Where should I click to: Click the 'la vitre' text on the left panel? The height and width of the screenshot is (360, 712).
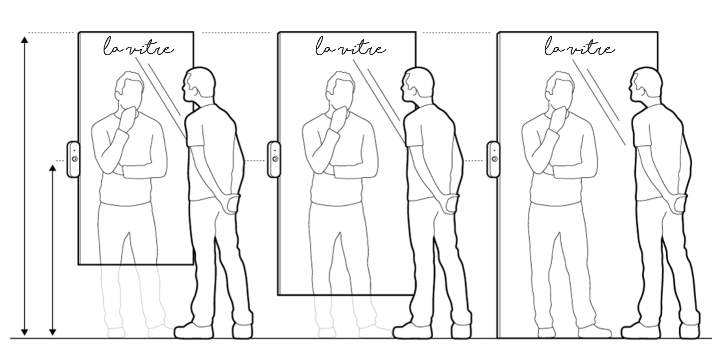(138, 49)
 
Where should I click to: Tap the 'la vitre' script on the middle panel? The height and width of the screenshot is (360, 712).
(350, 49)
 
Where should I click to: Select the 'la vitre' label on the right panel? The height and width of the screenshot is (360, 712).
(579, 49)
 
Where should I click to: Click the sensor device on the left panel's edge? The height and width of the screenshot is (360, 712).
(73, 159)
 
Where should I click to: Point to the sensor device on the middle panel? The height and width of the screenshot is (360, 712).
(274, 159)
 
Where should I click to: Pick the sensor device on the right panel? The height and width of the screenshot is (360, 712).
(493, 159)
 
